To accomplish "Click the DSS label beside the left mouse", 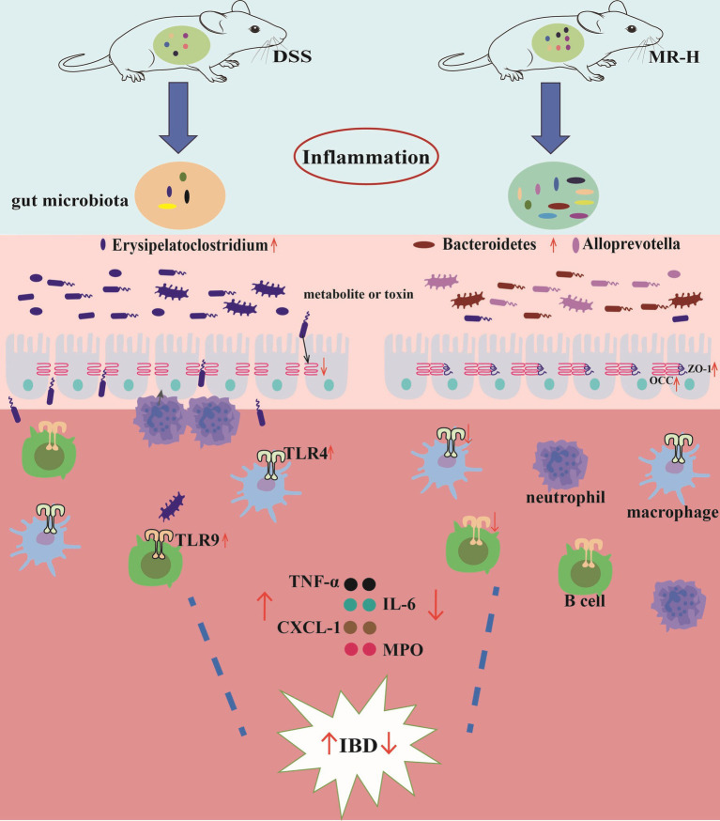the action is [x=292, y=56].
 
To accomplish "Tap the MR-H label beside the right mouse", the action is [x=673, y=56].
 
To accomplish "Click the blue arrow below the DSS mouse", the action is [x=179, y=117].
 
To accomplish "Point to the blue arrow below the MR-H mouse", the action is [x=550, y=117].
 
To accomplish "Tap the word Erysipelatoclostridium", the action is [x=190, y=245].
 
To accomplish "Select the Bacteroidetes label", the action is [x=489, y=244].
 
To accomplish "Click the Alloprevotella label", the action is [x=631, y=244].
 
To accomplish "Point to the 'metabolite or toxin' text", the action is [x=359, y=294].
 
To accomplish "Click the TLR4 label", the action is [x=305, y=454].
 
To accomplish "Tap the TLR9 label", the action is [x=197, y=540].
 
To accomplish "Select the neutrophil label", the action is [x=566, y=497].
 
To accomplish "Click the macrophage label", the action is [x=673, y=512].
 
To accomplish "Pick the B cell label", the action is [x=585, y=600].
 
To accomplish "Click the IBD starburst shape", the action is [x=358, y=745].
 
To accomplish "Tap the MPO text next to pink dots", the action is [x=403, y=650].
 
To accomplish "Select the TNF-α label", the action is [x=314, y=581].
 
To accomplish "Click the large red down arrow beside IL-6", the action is [x=436, y=605].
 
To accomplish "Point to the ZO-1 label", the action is [x=698, y=368].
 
